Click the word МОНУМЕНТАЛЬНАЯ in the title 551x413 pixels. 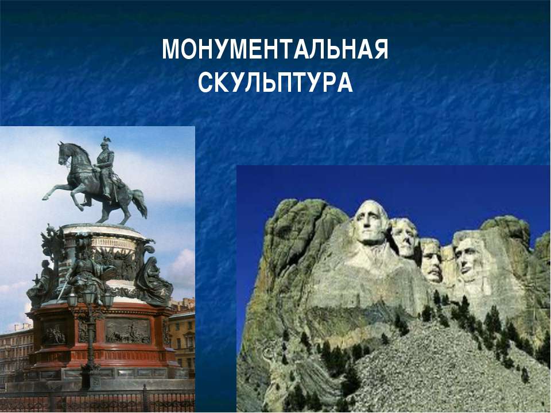(275, 49)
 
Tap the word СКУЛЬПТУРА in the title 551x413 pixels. (275, 83)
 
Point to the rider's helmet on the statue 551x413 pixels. (105, 142)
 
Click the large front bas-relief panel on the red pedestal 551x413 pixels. (128, 331)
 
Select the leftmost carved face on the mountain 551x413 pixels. (370, 223)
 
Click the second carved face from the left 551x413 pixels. (405, 237)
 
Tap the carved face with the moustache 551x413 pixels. (432, 260)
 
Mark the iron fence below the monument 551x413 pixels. (98, 400)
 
